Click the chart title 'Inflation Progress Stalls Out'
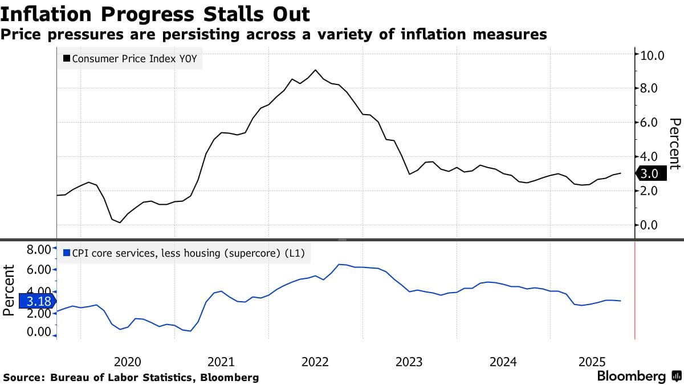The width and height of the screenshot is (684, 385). pyautogui.click(x=155, y=14)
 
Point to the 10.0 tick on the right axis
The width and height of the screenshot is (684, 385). pyautogui.click(x=653, y=55)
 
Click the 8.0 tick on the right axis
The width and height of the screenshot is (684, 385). pyautogui.click(x=650, y=88)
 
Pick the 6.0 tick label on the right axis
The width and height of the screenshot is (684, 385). pyautogui.click(x=650, y=122)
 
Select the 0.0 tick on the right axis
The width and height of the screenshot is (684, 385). pyautogui.click(x=650, y=225)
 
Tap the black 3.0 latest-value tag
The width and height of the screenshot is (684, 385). pyautogui.click(x=650, y=174)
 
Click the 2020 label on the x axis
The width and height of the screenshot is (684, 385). pyautogui.click(x=128, y=362)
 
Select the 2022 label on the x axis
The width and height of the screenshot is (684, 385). pyautogui.click(x=315, y=362)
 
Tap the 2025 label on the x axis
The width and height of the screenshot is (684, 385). pyautogui.click(x=592, y=362)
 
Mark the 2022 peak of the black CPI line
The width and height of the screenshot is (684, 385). pyautogui.click(x=316, y=70)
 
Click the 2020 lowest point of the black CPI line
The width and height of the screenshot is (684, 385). pyautogui.click(x=120, y=222)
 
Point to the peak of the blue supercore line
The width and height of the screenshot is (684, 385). pyautogui.click(x=339, y=264)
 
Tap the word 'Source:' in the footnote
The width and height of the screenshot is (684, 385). pyautogui.click(x=25, y=378)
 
